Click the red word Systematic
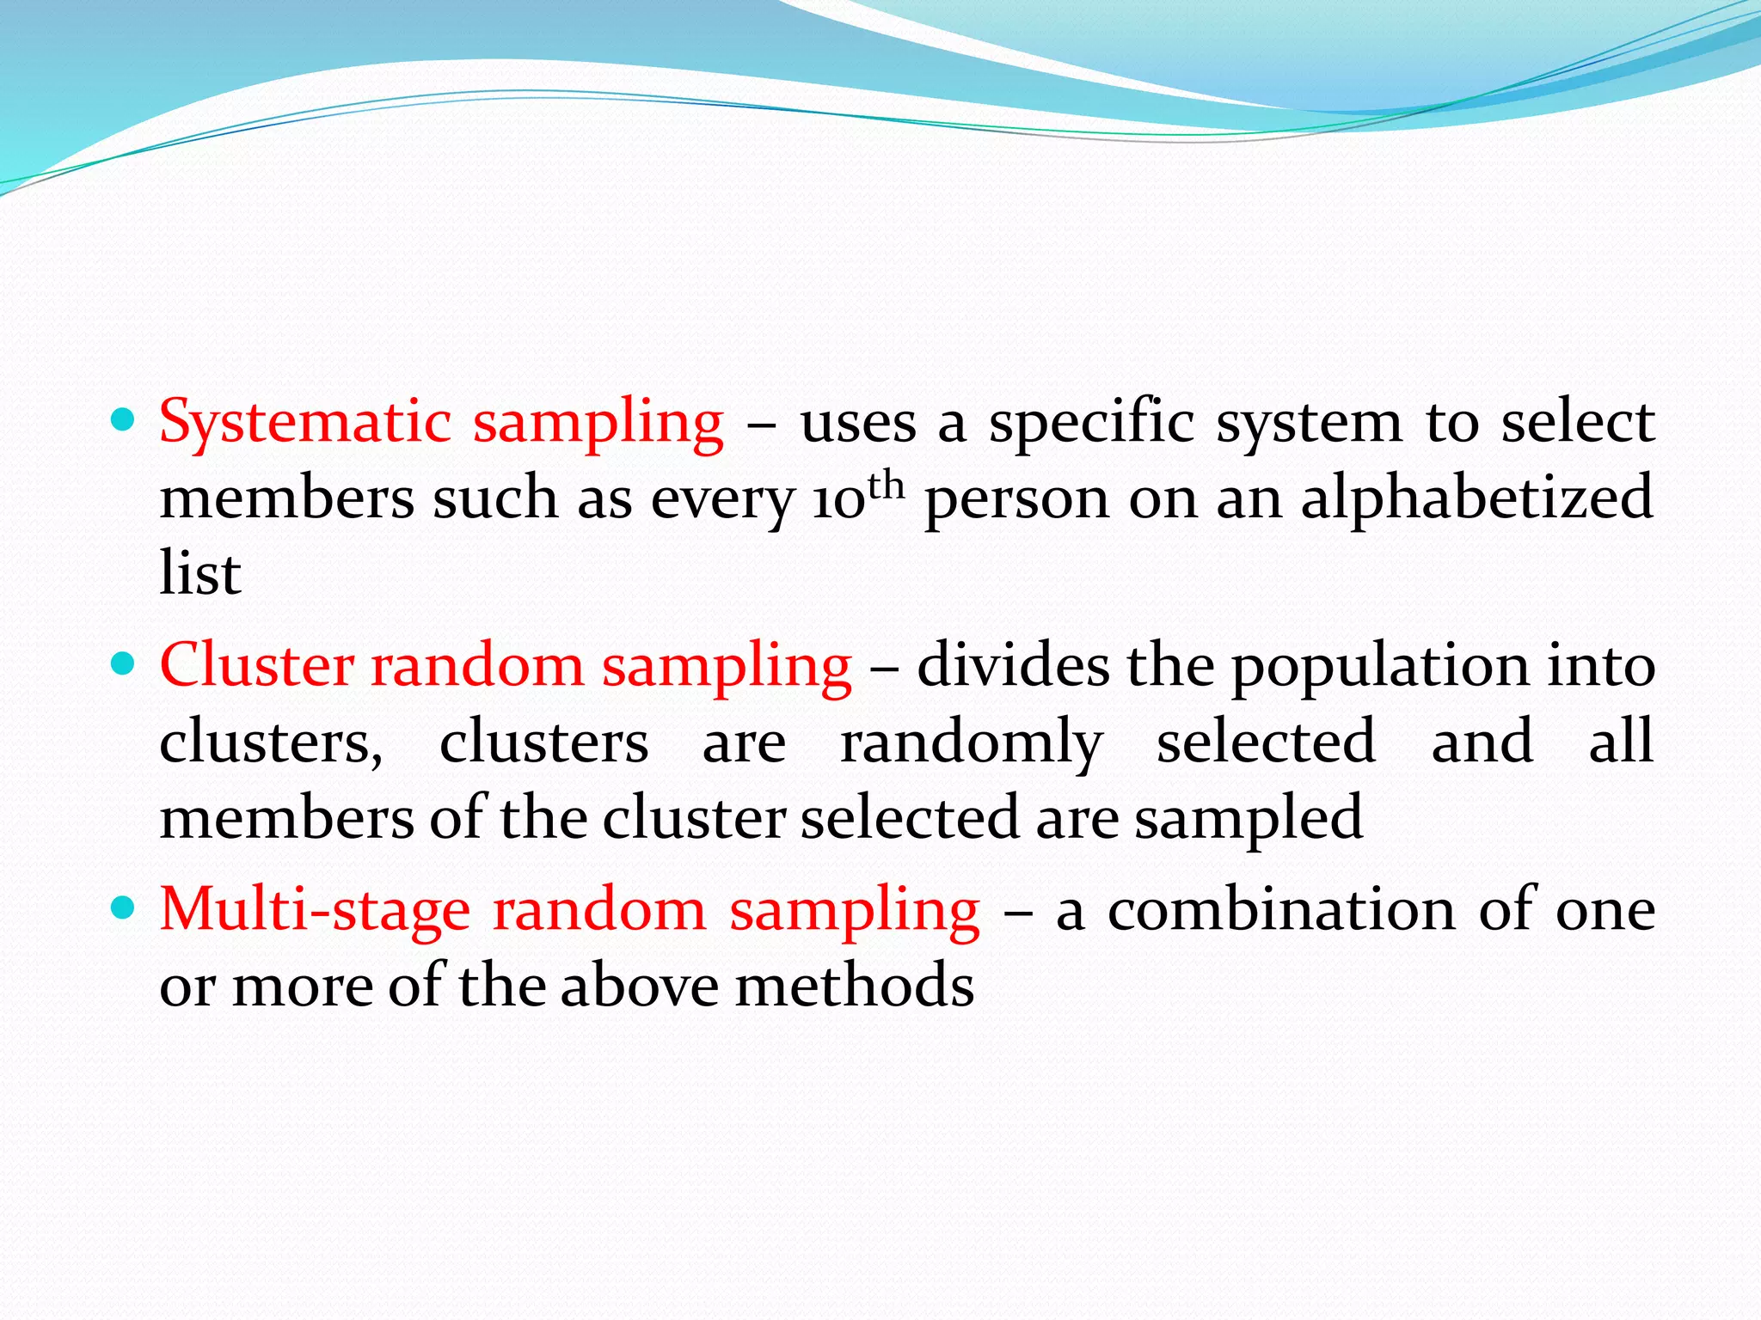click(x=305, y=423)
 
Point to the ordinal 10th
click(x=857, y=497)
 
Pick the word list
click(x=199, y=572)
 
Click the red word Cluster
click(x=257, y=665)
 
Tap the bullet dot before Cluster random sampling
click(x=124, y=664)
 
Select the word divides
click(x=1013, y=665)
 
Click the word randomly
click(x=971, y=742)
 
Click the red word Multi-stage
click(x=316, y=909)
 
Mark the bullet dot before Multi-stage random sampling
click(x=124, y=908)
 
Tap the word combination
click(x=1282, y=909)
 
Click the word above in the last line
click(x=639, y=985)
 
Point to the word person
click(x=1017, y=498)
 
